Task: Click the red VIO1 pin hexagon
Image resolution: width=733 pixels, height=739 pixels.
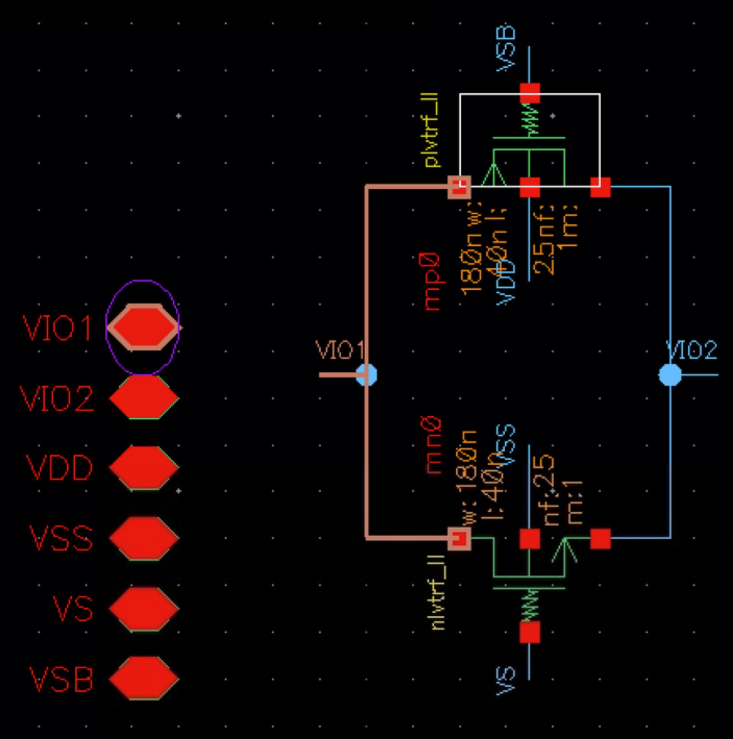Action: [x=143, y=327]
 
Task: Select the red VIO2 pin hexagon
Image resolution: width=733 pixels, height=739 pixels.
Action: [x=144, y=397]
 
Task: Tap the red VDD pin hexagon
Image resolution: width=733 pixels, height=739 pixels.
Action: [x=144, y=467]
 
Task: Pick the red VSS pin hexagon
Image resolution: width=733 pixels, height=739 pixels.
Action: [x=144, y=537]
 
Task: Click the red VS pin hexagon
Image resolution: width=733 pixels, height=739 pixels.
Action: [x=144, y=609]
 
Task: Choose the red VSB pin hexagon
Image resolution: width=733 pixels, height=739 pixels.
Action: [x=144, y=678]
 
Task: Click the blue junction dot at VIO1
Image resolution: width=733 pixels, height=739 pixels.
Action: [x=366, y=375]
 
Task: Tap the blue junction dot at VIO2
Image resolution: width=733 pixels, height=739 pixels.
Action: [x=670, y=375]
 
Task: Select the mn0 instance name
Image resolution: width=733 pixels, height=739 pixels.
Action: [x=433, y=445]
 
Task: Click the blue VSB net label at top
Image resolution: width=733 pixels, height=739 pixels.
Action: [x=506, y=49]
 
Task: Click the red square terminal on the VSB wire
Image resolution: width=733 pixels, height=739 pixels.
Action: [x=530, y=93]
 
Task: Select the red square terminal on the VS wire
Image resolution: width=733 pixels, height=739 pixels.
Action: [x=530, y=633]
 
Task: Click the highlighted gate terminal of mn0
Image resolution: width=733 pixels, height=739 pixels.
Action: [x=459, y=538]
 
